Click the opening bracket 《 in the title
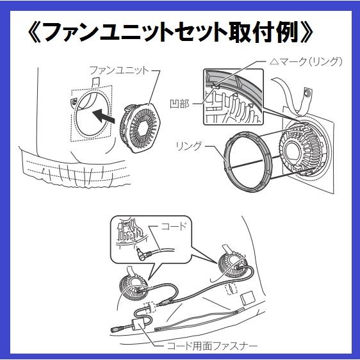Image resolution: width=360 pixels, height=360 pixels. (33, 33)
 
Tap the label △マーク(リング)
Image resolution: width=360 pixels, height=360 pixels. (306, 61)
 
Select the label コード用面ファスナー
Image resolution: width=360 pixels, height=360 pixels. (212, 345)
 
